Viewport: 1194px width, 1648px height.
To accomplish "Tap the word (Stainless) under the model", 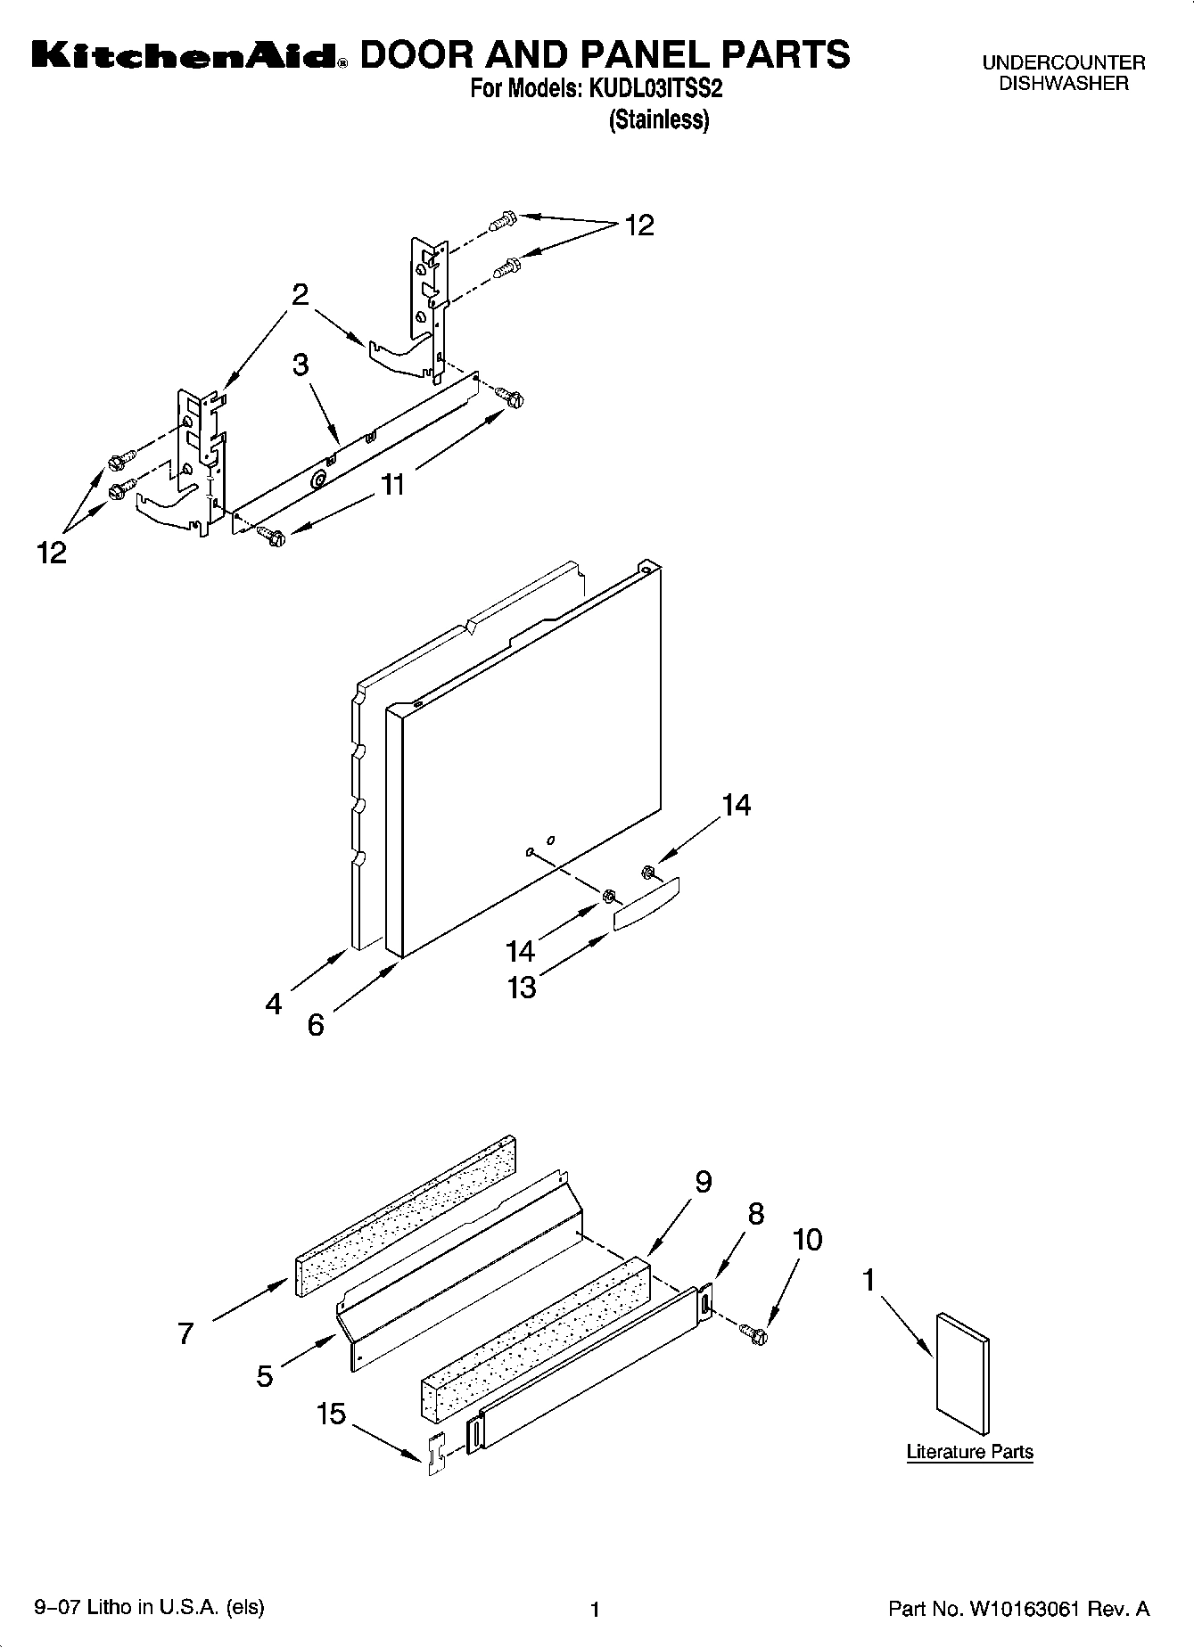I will coord(658,119).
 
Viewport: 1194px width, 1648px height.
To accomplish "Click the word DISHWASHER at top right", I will coord(1063,84).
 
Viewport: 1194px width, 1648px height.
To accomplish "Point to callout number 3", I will coord(301,364).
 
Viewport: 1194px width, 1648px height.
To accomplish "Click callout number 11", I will coord(392,485).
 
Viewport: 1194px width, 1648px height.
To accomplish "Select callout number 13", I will coord(522,987).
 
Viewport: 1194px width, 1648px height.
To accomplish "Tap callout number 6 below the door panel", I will coord(316,1025).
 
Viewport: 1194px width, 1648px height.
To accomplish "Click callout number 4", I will coord(274,1004).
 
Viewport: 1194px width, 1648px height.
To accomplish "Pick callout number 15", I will coord(331,1414).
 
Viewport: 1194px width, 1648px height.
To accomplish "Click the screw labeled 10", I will coord(754,1332).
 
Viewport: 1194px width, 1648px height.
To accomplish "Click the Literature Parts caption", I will coord(969,1452).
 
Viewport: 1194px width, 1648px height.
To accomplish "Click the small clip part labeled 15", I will coord(436,1455).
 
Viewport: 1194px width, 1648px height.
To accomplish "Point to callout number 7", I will coord(185,1333).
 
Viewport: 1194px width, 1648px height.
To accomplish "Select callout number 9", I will coord(703,1182).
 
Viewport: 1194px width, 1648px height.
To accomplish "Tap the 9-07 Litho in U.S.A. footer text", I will coord(149,1607).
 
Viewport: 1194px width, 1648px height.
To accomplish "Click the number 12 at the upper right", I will coord(638,225).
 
